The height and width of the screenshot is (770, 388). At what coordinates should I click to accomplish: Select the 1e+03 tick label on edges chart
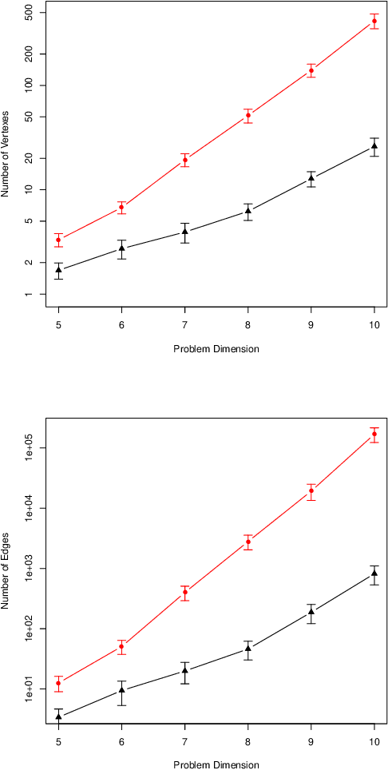pos(31,569)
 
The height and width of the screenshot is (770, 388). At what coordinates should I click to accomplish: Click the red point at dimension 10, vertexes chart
pos(374,21)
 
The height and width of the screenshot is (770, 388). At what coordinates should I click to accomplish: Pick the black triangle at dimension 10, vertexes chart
pos(374,146)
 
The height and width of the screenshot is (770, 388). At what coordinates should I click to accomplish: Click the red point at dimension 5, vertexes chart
pos(58,240)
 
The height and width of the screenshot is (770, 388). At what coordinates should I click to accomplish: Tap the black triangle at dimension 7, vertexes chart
pos(184,232)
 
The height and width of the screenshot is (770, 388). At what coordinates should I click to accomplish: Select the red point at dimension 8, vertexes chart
pos(248,116)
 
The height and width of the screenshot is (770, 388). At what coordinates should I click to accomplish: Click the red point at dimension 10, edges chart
pos(374,435)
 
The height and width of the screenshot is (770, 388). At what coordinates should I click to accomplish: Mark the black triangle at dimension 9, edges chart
pos(311,612)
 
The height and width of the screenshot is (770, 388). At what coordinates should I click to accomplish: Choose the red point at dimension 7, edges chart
pos(184,593)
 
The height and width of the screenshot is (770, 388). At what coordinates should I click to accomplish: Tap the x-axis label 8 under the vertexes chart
pos(248,324)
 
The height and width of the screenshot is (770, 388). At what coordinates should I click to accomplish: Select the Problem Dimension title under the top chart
pos(216,349)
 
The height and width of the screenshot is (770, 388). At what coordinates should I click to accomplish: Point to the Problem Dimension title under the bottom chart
pos(216,764)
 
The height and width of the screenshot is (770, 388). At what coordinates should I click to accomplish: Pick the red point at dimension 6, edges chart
pos(121,647)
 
